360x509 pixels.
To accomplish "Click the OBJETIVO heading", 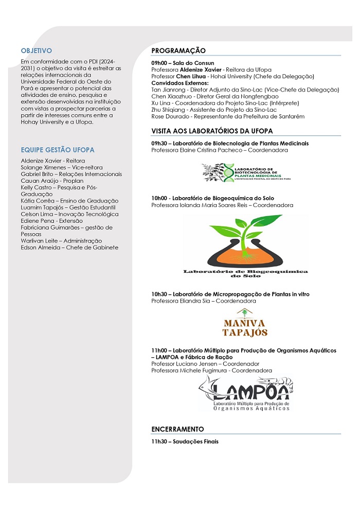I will [37, 50].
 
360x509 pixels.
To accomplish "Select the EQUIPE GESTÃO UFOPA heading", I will [58, 150].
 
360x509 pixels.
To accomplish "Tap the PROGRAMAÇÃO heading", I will [178, 50].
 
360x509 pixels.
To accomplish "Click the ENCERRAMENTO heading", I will [177, 429].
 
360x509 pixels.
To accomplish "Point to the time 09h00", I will [160, 63].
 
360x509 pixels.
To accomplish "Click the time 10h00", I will [160, 198].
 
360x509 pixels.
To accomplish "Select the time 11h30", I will [160, 441].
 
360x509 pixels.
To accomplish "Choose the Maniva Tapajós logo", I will [245, 323].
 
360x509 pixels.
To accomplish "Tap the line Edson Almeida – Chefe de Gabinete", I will [69, 248].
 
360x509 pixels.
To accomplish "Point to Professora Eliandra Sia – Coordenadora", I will [204, 301].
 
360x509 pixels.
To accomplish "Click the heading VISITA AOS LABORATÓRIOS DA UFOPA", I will [212, 131].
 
